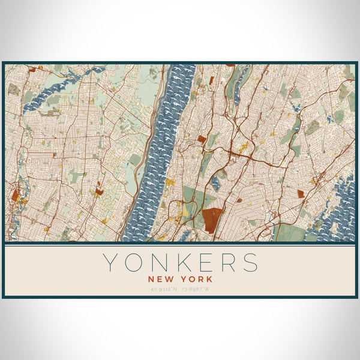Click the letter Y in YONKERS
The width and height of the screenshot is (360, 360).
click(x=110, y=263)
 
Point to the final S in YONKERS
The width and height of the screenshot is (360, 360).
click(x=251, y=263)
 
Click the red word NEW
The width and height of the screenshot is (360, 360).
click(x=162, y=279)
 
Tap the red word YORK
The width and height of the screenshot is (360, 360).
click(x=196, y=279)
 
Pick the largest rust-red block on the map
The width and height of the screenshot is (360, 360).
click(x=212, y=220)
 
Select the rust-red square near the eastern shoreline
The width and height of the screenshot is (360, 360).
click(x=301, y=193)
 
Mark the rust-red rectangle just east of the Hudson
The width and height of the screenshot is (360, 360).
click(x=202, y=139)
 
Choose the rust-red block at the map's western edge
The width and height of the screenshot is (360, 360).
click(x=14, y=195)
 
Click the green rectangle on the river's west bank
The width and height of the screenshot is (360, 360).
click(x=136, y=160)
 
